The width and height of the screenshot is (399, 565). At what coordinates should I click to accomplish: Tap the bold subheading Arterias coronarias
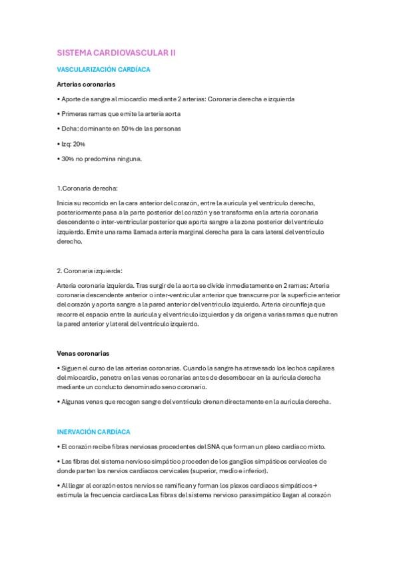coord(86,85)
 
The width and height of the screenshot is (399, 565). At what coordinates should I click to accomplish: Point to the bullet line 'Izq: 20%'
coord(71,144)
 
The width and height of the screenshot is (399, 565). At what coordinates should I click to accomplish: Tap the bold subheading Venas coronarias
coord(83,353)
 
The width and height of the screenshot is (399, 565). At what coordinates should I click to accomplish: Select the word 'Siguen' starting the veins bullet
coord(71,368)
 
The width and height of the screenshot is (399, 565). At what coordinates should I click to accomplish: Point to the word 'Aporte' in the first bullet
coord(71,99)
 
